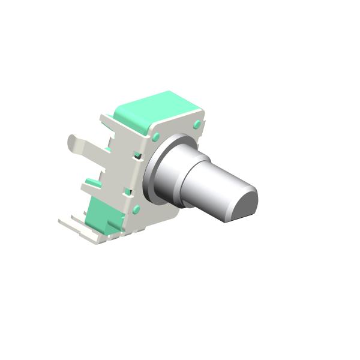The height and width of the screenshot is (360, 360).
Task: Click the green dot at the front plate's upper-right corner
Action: pos(196,124)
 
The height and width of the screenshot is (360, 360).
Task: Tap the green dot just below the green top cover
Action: pos(156,137)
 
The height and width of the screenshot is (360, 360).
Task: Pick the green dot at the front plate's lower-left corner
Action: pos(136,209)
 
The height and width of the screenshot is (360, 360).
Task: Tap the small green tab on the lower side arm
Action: pos(91,181)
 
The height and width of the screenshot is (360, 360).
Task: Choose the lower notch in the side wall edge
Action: pos(128,192)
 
